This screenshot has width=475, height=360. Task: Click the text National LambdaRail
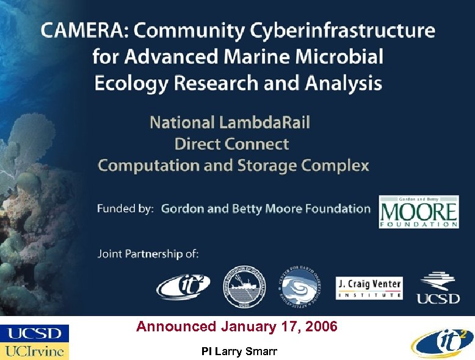(x=230, y=122)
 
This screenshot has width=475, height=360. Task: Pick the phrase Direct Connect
(x=231, y=144)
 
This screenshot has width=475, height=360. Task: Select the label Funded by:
(x=125, y=209)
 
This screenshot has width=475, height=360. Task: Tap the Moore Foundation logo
(x=418, y=211)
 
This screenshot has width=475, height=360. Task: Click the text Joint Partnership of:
(x=148, y=253)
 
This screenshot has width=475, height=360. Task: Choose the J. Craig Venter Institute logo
(x=369, y=288)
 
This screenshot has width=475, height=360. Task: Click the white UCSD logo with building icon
(x=438, y=287)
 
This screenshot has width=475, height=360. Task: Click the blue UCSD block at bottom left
(x=35, y=333)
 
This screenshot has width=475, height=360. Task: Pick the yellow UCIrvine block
(x=35, y=351)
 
